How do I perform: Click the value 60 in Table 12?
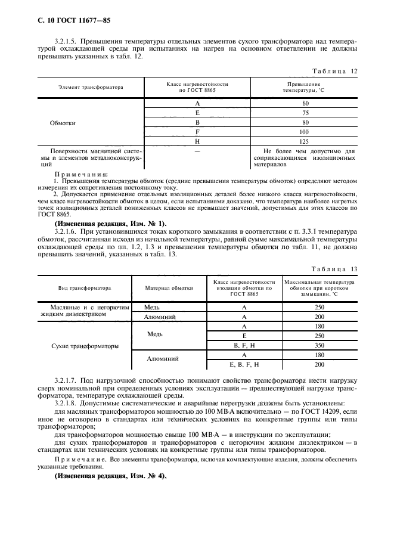point(305,103)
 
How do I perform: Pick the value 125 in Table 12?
point(305,141)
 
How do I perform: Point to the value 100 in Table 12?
point(305,132)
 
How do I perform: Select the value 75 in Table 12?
point(305,113)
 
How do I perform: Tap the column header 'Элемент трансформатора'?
point(91,87)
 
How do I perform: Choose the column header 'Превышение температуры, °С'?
point(304,87)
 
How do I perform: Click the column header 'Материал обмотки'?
point(169,287)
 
